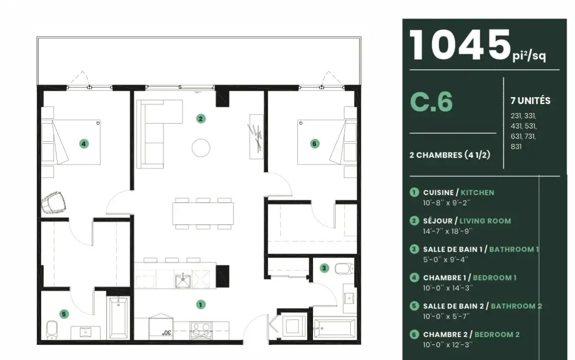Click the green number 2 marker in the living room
201,119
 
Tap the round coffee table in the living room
201,148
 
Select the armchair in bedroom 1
53,202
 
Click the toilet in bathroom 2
52,329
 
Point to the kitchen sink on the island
183,281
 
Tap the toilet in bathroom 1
344,269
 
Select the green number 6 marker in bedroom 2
314,144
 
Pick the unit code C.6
431,102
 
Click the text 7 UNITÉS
530,101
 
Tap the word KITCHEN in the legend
477,192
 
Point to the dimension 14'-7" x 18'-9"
448,231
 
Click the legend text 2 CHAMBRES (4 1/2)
450,154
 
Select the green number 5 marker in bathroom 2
64,314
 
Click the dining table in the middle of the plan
203,213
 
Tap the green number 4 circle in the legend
414,278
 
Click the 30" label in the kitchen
167,333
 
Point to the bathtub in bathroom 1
335,328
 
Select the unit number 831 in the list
516,147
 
